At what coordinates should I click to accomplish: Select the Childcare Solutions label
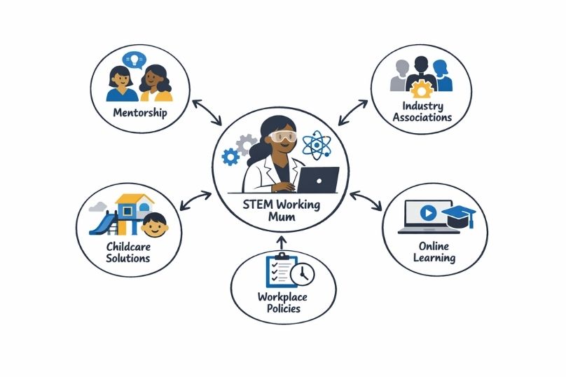[x=127, y=252]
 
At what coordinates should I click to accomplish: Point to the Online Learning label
[x=436, y=252]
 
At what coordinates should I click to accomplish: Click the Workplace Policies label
[x=283, y=303]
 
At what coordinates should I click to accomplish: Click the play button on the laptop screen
[x=428, y=212]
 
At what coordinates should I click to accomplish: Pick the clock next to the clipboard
[x=303, y=275]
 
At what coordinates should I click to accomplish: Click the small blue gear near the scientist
[x=229, y=157]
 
